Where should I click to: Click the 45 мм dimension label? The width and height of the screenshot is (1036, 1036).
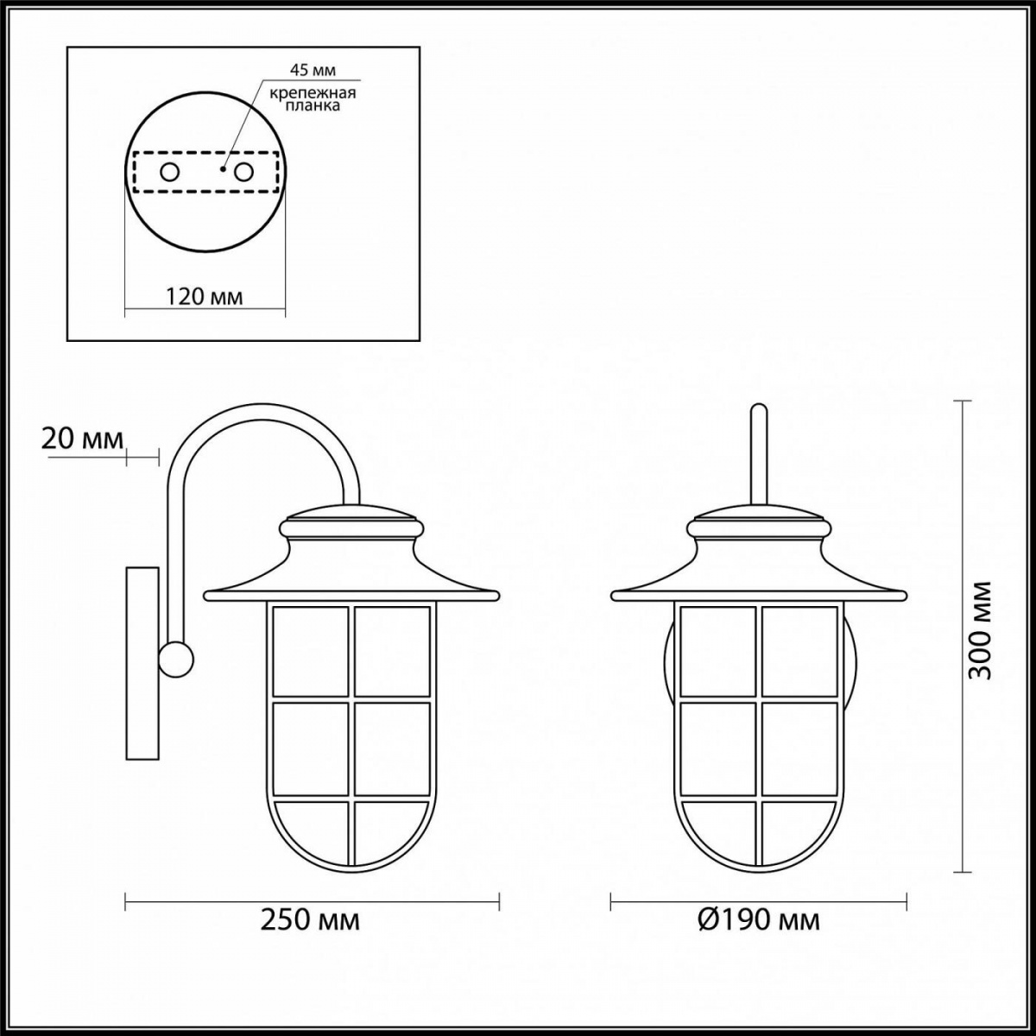point(313,71)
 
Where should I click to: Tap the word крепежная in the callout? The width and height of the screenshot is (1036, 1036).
point(313,93)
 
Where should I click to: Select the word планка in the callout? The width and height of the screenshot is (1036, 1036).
point(313,106)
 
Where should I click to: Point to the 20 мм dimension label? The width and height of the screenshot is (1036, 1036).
point(82,439)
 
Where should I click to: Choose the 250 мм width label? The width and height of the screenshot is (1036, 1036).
point(310,920)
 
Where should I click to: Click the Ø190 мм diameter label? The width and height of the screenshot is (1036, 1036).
point(759,920)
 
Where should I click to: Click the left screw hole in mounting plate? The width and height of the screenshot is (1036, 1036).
point(169,173)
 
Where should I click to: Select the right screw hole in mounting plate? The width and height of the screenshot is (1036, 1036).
point(243,173)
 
